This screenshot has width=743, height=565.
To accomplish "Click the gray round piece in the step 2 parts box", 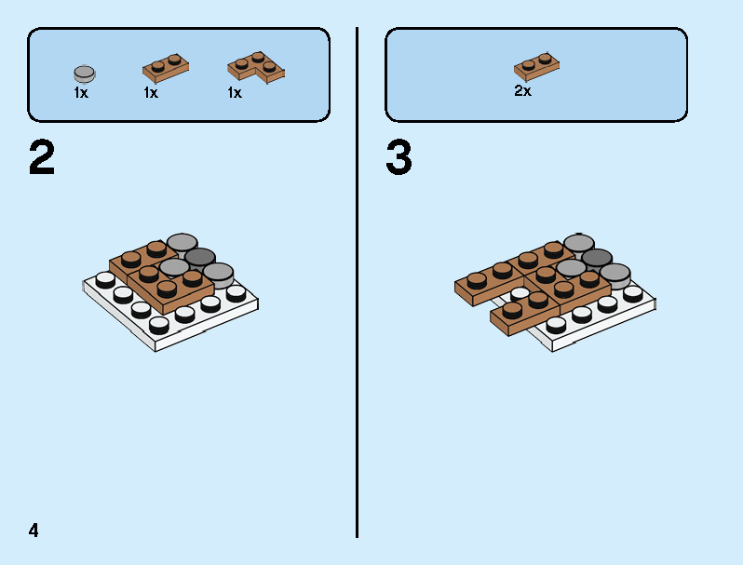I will tap(84, 73).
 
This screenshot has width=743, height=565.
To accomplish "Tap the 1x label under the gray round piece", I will tap(81, 93).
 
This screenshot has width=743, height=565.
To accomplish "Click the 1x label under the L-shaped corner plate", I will tap(235, 93).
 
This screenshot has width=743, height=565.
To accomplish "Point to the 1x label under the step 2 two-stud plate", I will tap(151, 93).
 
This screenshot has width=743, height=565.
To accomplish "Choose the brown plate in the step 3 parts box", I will tap(536, 66).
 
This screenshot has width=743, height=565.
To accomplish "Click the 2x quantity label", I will tap(522, 91).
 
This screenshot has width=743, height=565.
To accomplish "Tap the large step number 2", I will tap(42, 158).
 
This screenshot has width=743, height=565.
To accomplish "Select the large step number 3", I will tap(399, 158).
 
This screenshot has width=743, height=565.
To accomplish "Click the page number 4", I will tap(34, 531).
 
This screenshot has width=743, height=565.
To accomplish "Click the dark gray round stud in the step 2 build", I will tap(200, 257).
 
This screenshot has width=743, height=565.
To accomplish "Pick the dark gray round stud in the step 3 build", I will tap(597, 258).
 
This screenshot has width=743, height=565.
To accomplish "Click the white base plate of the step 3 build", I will tap(605, 321).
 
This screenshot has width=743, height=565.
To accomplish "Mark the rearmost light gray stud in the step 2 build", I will tap(182, 243).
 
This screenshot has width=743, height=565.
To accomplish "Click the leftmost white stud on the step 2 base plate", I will tap(105, 278).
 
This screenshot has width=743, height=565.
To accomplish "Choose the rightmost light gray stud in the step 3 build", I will tap(615, 273).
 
